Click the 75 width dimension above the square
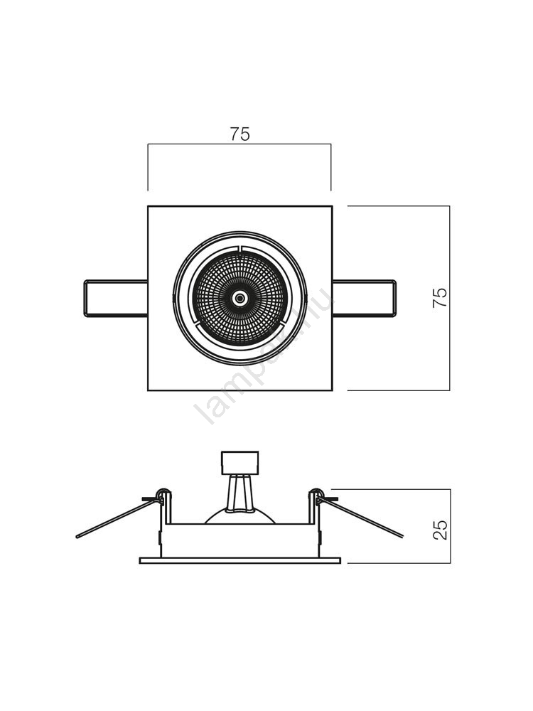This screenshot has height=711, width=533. click(240, 134)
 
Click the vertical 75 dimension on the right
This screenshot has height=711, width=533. click(441, 297)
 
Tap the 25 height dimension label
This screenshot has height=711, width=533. click(441, 530)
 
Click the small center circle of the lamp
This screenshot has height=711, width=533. click(240, 298)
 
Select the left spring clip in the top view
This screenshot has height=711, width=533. click(116, 298)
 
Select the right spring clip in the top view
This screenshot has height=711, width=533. click(364, 298)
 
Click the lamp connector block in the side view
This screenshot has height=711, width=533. click(240, 463)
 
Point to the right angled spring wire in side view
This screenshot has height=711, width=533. click(362, 518)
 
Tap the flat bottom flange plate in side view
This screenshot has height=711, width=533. click(240, 560)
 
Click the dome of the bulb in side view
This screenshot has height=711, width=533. click(240, 516)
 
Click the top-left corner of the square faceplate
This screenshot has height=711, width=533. click(149, 207)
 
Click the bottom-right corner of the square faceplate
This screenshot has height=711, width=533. click(332, 390)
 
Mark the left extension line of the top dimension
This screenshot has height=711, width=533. click(148, 167)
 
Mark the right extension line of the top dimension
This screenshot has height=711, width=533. click(331, 167)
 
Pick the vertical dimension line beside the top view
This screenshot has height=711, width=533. click(449, 341)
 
